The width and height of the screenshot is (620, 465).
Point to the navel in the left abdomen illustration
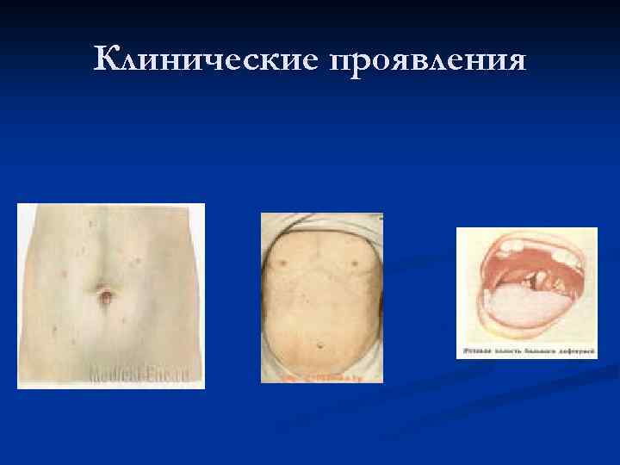click(x=104, y=296)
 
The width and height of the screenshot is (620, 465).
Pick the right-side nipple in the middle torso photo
click(x=352, y=260)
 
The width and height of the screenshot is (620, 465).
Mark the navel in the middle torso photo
click(x=320, y=346)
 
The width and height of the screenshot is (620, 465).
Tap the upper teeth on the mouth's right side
click(x=563, y=257)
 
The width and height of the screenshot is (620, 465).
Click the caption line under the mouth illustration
click(x=525, y=352)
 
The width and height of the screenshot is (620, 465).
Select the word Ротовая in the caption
click(x=475, y=352)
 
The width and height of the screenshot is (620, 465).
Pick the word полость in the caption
click(x=505, y=352)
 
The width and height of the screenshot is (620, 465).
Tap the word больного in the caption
click(x=537, y=352)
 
